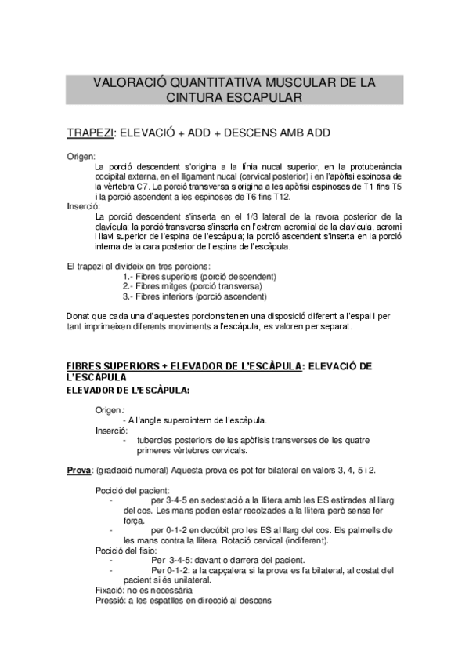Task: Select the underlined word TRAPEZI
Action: tap(90, 133)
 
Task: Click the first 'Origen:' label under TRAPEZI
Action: tap(81, 157)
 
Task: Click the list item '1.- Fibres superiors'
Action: tap(200, 278)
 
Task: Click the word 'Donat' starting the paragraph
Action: tap(79, 317)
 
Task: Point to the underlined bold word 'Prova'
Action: tap(78, 470)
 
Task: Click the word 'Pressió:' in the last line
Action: tap(110, 602)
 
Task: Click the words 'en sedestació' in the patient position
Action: tap(217, 500)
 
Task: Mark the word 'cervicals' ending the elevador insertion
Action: tap(229, 450)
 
